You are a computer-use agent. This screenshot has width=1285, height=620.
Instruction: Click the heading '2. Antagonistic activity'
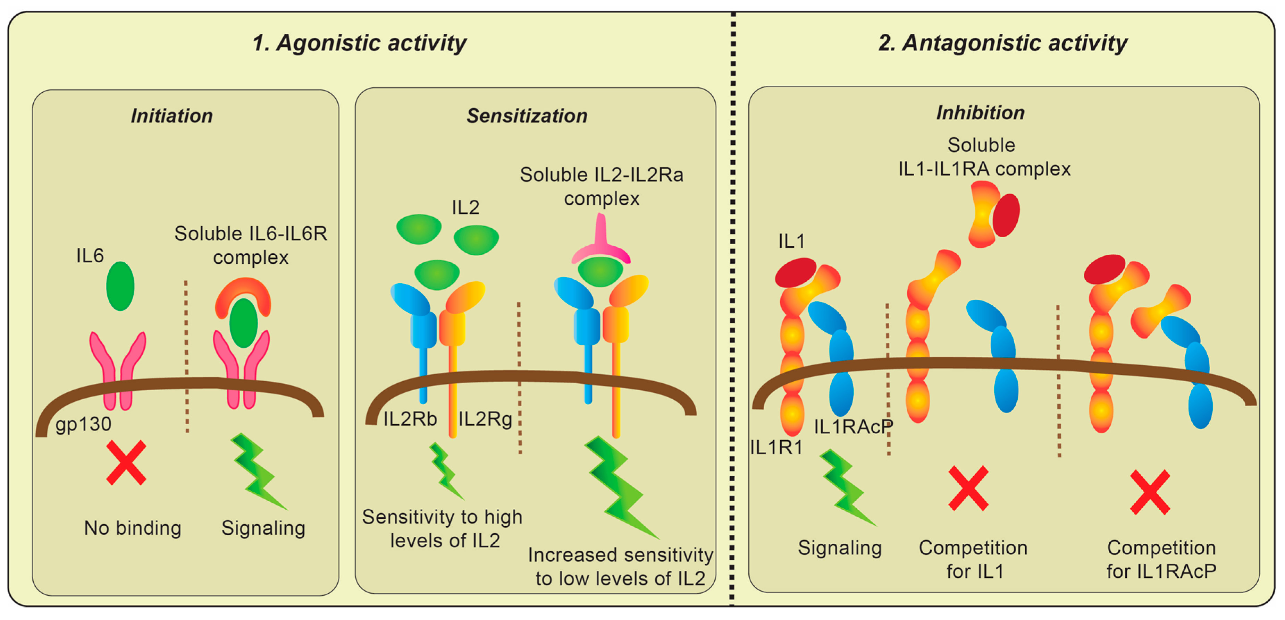click(x=1003, y=43)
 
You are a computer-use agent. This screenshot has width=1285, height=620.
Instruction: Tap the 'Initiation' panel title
click(x=171, y=116)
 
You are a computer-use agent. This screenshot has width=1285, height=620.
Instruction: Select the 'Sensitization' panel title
click(x=527, y=116)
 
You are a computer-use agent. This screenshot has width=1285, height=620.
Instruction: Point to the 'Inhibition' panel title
click(x=980, y=113)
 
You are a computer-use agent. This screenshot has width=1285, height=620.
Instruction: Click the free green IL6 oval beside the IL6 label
click(x=120, y=286)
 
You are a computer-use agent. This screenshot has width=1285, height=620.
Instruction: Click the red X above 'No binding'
click(x=126, y=462)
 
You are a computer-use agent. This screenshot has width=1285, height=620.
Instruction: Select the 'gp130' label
click(x=83, y=424)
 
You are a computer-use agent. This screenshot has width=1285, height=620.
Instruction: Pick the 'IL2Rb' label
click(x=410, y=419)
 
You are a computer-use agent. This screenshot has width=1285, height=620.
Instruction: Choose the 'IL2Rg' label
click(x=485, y=419)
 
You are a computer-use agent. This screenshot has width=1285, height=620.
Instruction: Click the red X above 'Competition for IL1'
click(x=968, y=488)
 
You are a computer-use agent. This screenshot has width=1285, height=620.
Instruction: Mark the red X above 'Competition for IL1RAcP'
click(x=1150, y=492)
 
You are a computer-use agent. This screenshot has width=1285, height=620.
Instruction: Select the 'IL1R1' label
click(x=776, y=448)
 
